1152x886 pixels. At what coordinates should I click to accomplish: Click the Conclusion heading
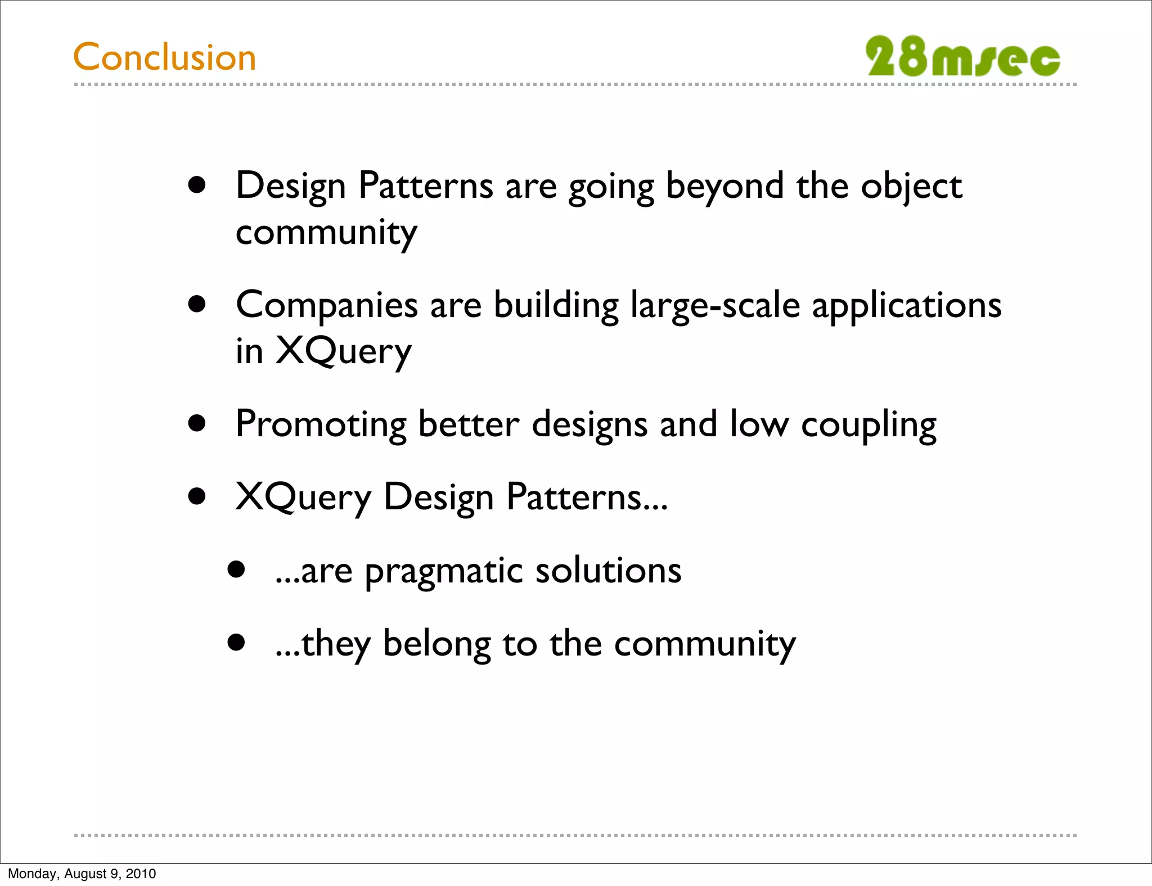click(164, 57)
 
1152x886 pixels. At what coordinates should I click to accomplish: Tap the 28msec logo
click(962, 57)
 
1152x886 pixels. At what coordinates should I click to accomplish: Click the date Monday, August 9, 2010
click(82, 874)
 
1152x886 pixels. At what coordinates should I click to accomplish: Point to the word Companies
click(327, 306)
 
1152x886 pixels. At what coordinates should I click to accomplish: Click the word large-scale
click(715, 306)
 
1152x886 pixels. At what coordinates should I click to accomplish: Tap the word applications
click(906, 306)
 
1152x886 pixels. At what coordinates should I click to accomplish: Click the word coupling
click(868, 424)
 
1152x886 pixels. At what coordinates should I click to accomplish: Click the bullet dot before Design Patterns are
click(197, 186)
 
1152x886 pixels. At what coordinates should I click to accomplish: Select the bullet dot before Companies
click(197, 305)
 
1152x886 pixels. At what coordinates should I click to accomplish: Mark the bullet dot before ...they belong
click(236, 642)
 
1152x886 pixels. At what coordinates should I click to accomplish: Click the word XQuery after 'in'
click(343, 352)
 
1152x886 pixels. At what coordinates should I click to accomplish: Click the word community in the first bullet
click(326, 233)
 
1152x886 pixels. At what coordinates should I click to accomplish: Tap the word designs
click(589, 424)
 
